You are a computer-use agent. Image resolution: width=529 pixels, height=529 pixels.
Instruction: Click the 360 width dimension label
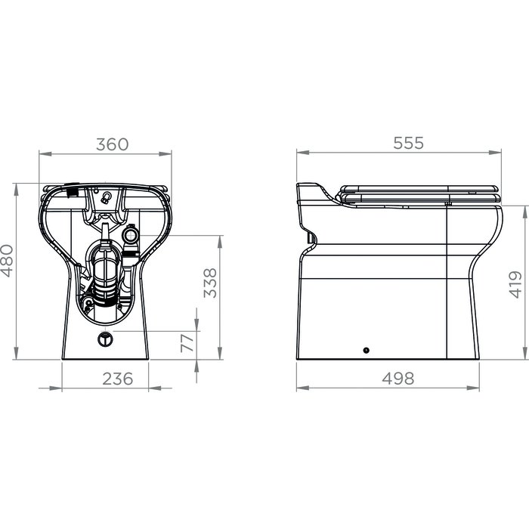tap(113, 144)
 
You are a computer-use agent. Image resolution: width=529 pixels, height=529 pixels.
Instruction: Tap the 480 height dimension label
tap(7, 261)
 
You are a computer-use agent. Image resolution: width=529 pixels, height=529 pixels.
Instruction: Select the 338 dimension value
tap(210, 283)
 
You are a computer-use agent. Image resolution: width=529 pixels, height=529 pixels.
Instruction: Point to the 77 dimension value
tap(187, 342)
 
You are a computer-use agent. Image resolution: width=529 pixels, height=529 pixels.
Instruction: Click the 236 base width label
tap(118, 379)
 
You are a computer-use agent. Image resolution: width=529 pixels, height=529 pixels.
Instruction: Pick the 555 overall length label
tap(408, 143)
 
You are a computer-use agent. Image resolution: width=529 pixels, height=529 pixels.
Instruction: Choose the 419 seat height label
tap(515, 284)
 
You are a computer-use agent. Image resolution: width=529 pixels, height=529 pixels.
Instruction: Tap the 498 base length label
tap(398, 379)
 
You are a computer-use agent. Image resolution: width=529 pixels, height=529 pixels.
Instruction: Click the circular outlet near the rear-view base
tap(105, 339)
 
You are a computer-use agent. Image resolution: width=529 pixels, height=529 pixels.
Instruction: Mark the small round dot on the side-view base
tap(367, 351)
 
